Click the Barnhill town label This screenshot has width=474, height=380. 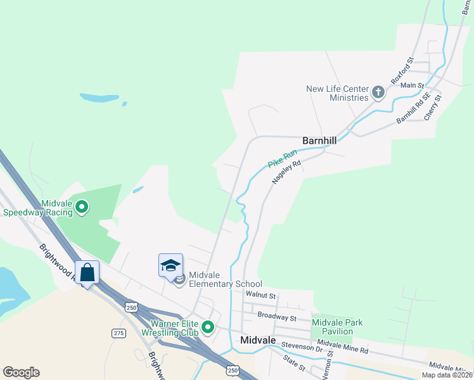(x=319, y=141)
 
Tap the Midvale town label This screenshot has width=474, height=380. (x=259, y=340)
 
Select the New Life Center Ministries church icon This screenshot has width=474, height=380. (x=378, y=93)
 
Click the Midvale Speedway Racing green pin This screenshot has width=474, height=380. (x=82, y=207)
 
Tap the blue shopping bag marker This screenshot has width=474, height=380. (x=87, y=273)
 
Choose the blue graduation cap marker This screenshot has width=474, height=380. (x=170, y=265)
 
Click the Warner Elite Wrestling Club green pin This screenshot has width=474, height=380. (x=208, y=327)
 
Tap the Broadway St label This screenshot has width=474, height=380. (x=277, y=315)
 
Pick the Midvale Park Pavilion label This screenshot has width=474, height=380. (x=337, y=327)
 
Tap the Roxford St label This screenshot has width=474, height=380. (x=402, y=70)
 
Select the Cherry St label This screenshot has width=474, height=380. (x=432, y=108)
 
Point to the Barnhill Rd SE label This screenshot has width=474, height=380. (x=413, y=108)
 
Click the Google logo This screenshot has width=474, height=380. (x=21, y=372)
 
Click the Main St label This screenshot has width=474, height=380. (x=412, y=85)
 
